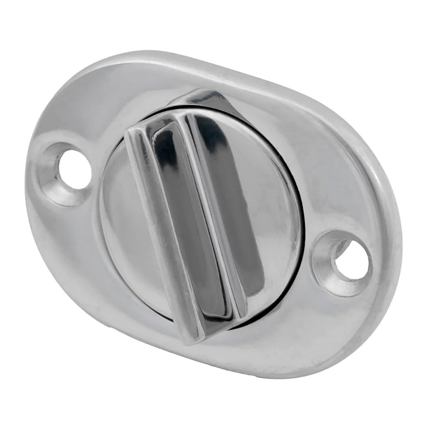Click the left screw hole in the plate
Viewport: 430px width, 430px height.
click(x=75, y=169)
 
